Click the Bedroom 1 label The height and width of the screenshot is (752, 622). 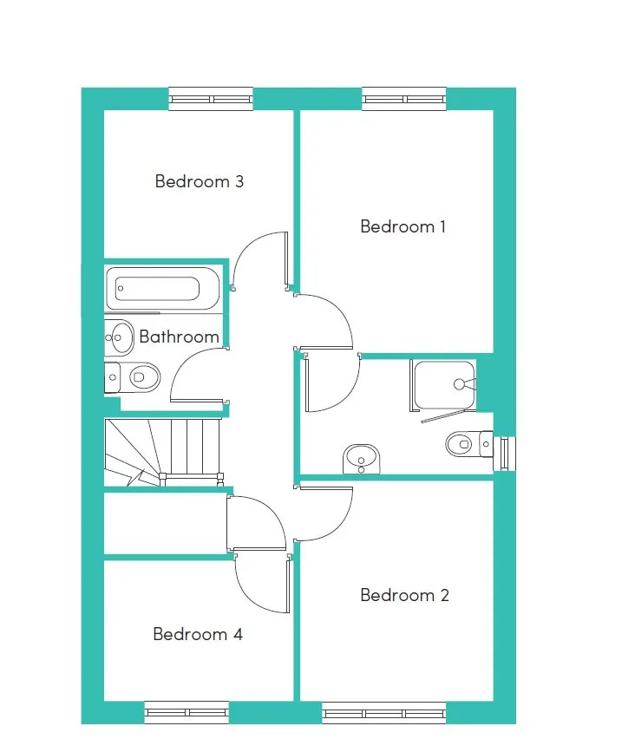click(403, 226)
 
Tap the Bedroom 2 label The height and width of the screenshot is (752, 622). click(404, 595)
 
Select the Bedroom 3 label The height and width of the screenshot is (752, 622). click(199, 181)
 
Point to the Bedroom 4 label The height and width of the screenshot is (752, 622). click(198, 634)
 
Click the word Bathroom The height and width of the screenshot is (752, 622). click(179, 337)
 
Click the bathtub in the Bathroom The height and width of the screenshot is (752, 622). click(162, 289)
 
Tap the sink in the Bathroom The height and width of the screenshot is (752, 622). click(119, 337)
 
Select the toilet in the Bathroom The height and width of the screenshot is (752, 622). click(132, 377)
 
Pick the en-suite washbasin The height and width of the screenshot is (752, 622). click(362, 459)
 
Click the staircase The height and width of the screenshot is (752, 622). click(164, 452)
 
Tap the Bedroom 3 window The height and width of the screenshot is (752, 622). click(211, 99)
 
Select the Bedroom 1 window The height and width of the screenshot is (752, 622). click(404, 99)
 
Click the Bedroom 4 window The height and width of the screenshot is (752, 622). click(187, 713)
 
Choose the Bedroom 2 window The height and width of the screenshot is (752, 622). click(384, 714)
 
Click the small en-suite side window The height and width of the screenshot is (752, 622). click(505, 454)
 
